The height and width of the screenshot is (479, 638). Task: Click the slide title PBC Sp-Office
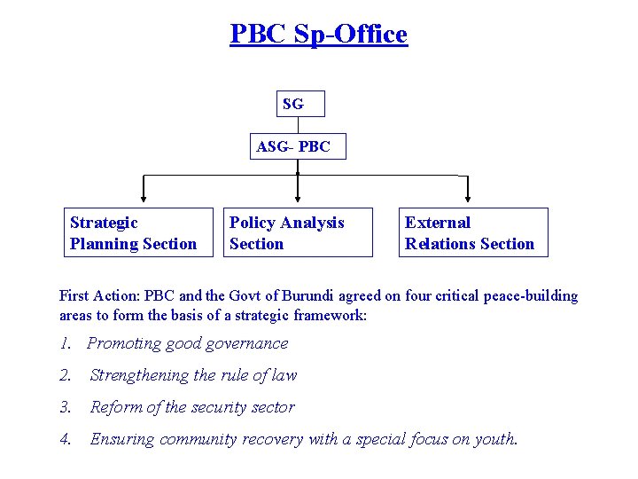click(x=318, y=35)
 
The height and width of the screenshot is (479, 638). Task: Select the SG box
click(x=300, y=104)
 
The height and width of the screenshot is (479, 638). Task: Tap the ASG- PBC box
click(x=297, y=147)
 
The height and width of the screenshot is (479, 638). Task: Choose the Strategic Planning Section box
click(x=140, y=232)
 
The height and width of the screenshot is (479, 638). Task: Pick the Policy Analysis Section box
click(x=297, y=232)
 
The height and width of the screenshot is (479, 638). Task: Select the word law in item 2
click(x=284, y=375)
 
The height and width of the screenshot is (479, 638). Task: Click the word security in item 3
click(x=222, y=407)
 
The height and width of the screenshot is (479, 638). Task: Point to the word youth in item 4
click(x=497, y=439)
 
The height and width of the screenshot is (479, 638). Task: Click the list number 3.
click(x=64, y=407)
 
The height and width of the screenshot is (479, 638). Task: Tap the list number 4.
click(x=64, y=439)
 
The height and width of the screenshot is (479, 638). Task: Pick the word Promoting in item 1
click(x=121, y=343)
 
